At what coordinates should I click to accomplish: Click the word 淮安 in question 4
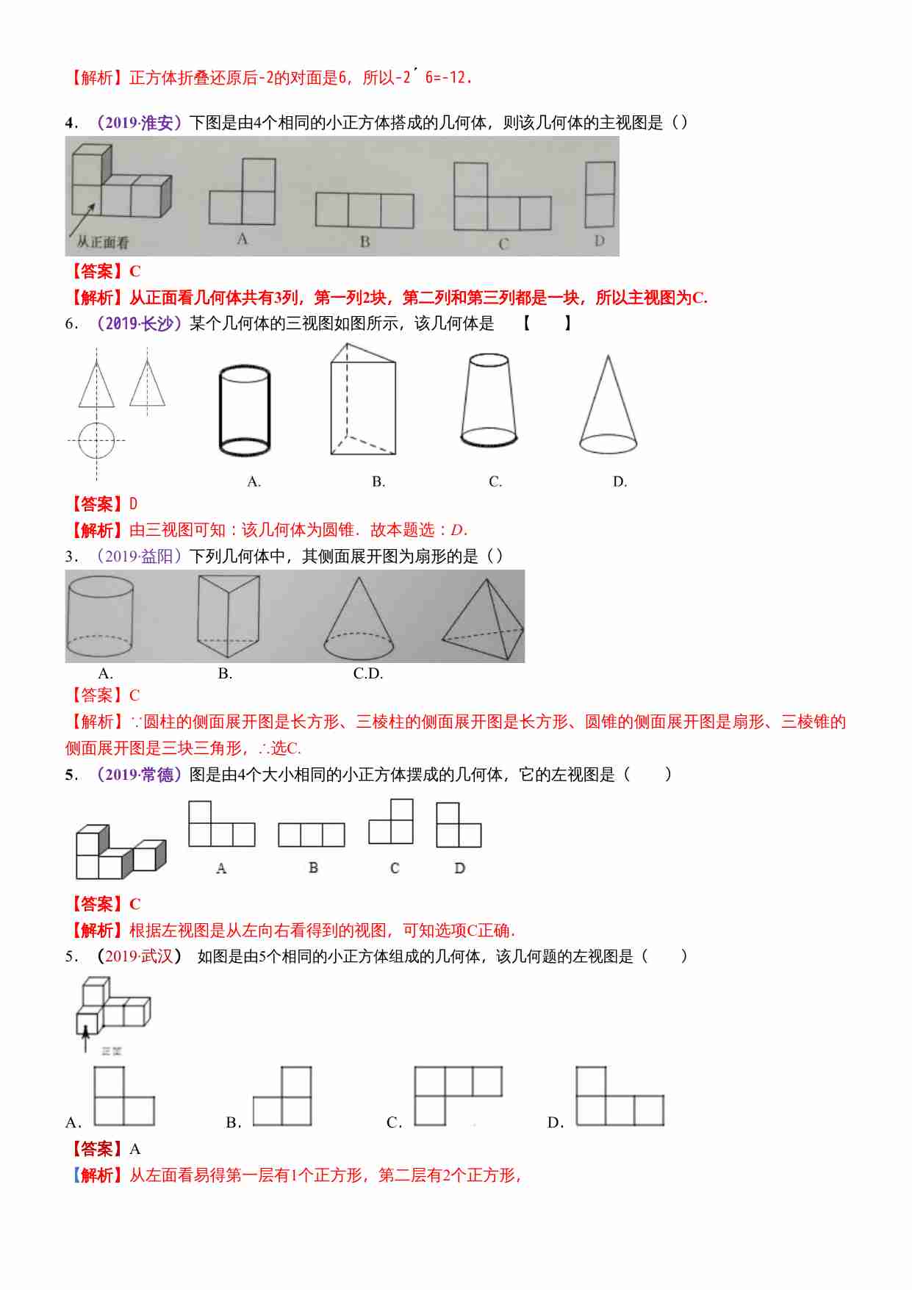click(157, 123)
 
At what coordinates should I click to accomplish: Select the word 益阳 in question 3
click(157, 556)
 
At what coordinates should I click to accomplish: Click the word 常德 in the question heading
click(157, 775)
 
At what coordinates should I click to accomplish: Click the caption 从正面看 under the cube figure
click(102, 242)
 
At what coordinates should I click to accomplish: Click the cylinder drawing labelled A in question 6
click(245, 411)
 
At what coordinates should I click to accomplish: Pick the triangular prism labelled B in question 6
click(362, 401)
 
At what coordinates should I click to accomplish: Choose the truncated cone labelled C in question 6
click(489, 401)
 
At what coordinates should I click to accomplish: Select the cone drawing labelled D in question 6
click(608, 408)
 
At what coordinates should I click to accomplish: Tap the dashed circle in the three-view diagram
click(96, 440)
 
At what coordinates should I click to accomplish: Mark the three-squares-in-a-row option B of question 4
click(365, 210)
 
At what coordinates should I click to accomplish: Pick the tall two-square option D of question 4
click(600, 194)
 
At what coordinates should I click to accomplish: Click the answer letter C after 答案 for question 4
click(135, 271)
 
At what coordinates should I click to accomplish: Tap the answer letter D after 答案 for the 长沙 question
click(134, 504)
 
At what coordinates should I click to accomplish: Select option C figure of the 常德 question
click(392, 823)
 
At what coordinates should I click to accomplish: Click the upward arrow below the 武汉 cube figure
click(86, 1039)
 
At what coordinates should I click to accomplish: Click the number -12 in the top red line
click(453, 77)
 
